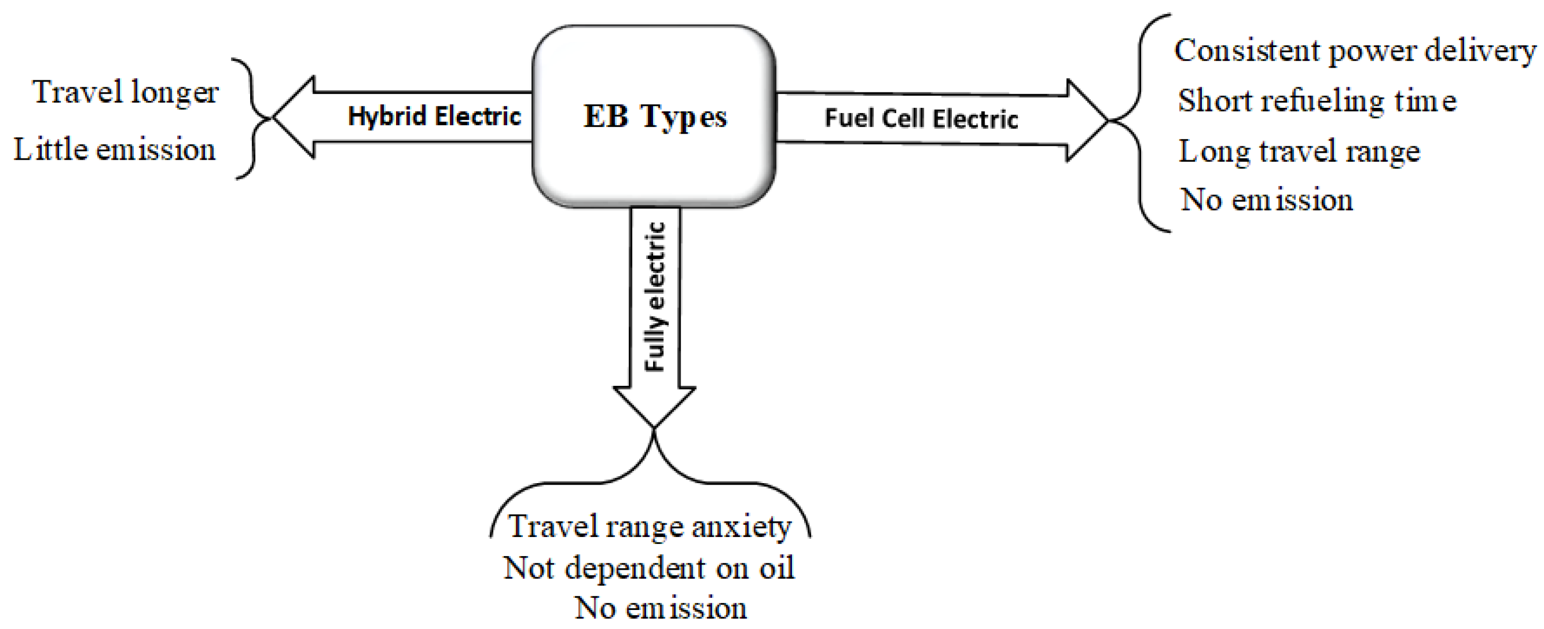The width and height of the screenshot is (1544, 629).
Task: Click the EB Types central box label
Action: coord(655,116)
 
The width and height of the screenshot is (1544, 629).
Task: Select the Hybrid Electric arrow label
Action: coord(435,116)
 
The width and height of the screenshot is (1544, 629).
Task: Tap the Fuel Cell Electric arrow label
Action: coord(921,118)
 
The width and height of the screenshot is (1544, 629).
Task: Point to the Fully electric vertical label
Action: coord(655,297)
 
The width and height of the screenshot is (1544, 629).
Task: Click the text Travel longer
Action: coord(125,93)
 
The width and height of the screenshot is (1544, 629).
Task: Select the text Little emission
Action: coord(115,150)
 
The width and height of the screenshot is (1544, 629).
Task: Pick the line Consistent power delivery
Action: coord(1355,51)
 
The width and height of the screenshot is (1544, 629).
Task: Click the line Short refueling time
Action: coord(1317,100)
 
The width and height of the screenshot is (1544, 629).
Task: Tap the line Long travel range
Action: coord(1299,151)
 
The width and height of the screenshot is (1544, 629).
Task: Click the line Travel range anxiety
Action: coord(650,527)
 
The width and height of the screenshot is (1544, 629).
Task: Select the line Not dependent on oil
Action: coord(649,568)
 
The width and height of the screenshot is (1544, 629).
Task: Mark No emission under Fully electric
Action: coord(660,608)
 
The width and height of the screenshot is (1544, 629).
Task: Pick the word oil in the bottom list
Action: coord(777,568)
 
